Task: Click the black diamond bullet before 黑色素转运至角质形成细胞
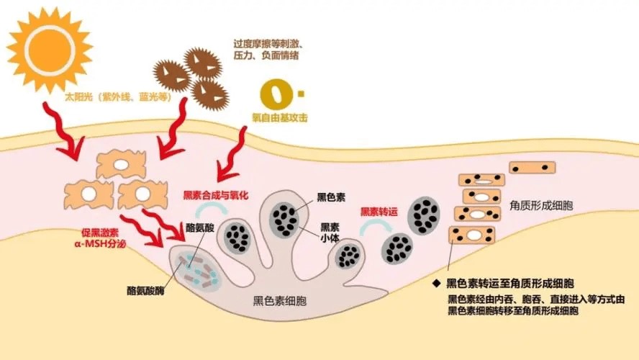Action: click(437, 283)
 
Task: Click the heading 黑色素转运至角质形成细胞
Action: click(513, 283)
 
